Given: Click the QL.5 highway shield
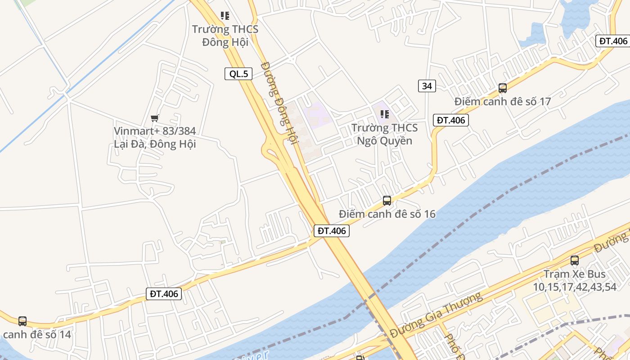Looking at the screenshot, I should pos(238,74).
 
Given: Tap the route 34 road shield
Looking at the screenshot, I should pos(427,85).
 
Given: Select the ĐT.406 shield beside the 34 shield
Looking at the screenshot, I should pos(450,120).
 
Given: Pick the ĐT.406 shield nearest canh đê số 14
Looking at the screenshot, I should pos(164,294).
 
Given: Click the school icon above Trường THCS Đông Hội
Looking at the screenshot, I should pos(225,16).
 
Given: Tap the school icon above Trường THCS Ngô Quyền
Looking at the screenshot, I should pos(384,114).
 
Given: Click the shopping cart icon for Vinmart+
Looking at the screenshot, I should pos(155,118).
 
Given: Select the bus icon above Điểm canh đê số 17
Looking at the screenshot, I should pos(503,88).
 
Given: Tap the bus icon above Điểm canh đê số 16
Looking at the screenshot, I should pos(387,201).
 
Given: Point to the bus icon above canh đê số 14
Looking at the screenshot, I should pos(22,321).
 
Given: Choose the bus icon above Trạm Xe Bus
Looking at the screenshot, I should pos(574,260).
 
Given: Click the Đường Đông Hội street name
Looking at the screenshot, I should pos(279,103).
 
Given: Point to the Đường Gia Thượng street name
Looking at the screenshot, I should pos(436,315).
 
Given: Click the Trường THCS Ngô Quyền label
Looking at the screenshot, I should pos(384,134).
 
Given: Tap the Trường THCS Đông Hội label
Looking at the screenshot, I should pos(225,36).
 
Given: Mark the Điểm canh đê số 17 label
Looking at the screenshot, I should pos(502,101).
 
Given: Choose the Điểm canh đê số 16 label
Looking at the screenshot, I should pos(387,214).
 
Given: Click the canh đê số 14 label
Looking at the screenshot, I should pos(37,334).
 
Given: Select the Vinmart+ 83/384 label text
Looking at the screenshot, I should pos(155,137).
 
